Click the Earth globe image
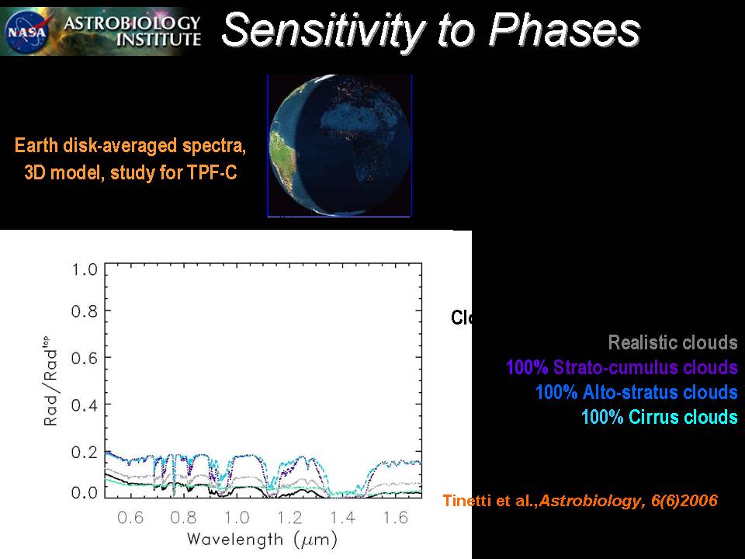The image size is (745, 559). tap(339, 145)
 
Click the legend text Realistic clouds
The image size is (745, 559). tap(672, 342)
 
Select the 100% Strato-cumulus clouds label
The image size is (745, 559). tap(621, 367)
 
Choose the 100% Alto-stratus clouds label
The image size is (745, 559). tap(636, 392)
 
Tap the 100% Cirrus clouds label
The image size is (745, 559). tap(659, 417)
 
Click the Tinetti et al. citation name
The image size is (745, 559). tap(489, 502)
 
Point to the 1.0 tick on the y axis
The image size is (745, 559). tap(85, 270)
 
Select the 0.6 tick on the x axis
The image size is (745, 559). tap(130, 518)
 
